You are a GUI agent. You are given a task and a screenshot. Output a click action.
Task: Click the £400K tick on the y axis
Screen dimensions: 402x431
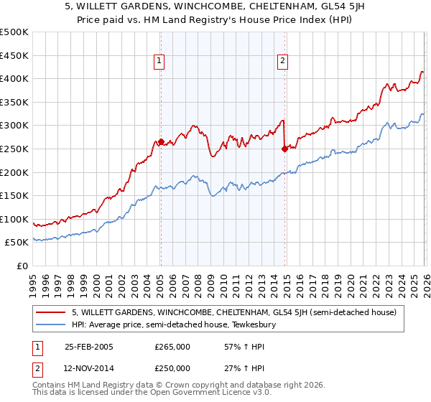point(14,79)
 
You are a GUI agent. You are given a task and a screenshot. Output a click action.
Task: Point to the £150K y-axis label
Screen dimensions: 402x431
point(14,195)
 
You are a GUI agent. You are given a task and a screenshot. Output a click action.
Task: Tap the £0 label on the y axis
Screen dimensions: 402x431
point(23,266)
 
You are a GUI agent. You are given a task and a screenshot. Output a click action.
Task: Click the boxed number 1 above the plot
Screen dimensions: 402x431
point(159,61)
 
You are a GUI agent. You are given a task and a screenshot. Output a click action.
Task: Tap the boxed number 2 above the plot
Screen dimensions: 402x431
point(283,61)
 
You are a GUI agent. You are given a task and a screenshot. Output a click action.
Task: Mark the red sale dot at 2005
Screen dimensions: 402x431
point(161,141)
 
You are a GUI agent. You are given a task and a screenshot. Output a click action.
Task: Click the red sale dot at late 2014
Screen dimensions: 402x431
point(284,149)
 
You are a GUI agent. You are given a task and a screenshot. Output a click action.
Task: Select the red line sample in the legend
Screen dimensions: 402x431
point(52,312)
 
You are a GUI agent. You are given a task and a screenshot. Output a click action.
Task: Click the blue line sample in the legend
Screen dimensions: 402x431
point(52,324)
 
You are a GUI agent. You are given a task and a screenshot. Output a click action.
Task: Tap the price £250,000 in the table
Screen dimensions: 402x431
point(172,368)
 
